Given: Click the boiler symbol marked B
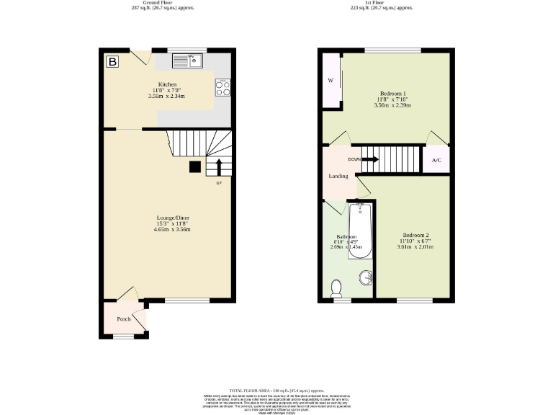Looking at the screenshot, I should coord(112,62).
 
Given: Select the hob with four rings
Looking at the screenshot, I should coord(222,87).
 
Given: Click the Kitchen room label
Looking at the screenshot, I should coord(168,84).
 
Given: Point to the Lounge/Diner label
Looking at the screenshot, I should coord(174,218).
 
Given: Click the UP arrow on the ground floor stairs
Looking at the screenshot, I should coord(218,167).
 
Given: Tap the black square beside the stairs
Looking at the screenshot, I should coord(194,166).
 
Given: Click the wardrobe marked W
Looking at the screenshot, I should coord(331,81).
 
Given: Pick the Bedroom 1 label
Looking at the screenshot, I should coord(393,94).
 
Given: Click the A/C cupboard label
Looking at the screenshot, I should coord(436,160).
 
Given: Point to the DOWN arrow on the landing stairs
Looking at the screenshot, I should coord(369,159).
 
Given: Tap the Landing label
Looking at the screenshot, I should coord(338,176).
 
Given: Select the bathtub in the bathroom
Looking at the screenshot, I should coord(359,231).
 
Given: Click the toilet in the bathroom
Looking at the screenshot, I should coord(336,288).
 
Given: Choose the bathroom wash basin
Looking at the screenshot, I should coord(366,278).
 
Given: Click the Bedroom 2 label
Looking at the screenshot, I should coord(415,236).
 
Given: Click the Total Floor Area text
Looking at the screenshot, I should coord(276,389).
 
